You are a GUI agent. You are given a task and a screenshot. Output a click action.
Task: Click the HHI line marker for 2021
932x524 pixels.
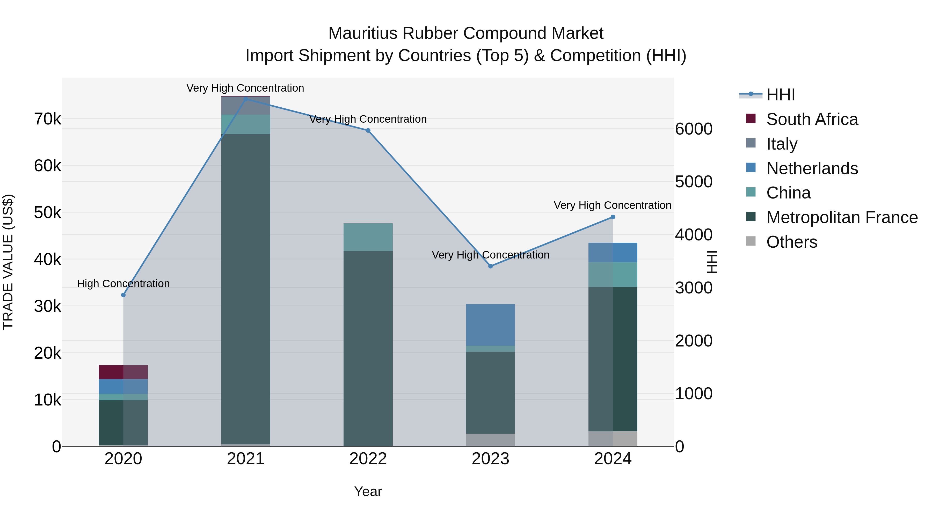[246, 99]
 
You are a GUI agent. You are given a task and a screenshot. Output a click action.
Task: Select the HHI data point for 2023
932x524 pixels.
[490, 266]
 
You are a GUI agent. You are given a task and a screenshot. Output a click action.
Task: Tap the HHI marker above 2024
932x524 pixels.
[613, 217]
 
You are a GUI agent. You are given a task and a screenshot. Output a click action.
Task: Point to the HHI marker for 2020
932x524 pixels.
[123, 295]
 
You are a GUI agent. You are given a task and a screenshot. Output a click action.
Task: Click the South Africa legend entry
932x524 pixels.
[812, 119]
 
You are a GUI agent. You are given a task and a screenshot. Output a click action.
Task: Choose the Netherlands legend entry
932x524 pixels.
[812, 168]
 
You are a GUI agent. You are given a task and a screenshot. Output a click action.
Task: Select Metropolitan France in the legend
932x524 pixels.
[842, 217]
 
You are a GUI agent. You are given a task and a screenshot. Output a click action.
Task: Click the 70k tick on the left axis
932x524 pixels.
[48, 119]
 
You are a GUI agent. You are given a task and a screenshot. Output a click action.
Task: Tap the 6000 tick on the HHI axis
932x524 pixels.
[694, 129]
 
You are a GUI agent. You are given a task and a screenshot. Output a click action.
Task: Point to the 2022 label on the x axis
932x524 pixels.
[368, 459]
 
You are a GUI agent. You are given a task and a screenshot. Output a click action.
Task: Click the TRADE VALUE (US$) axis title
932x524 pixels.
[8, 262]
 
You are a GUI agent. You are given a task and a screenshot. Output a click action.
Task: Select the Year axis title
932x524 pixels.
[368, 491]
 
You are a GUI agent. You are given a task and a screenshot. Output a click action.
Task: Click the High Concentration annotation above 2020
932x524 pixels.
[123, 284]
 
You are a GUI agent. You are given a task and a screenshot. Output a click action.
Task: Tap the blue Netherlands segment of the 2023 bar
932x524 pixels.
[490, 325]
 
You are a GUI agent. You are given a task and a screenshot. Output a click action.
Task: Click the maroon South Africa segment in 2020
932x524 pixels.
[123, 372]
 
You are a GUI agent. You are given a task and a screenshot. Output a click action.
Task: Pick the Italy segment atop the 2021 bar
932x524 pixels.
[246, 106]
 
